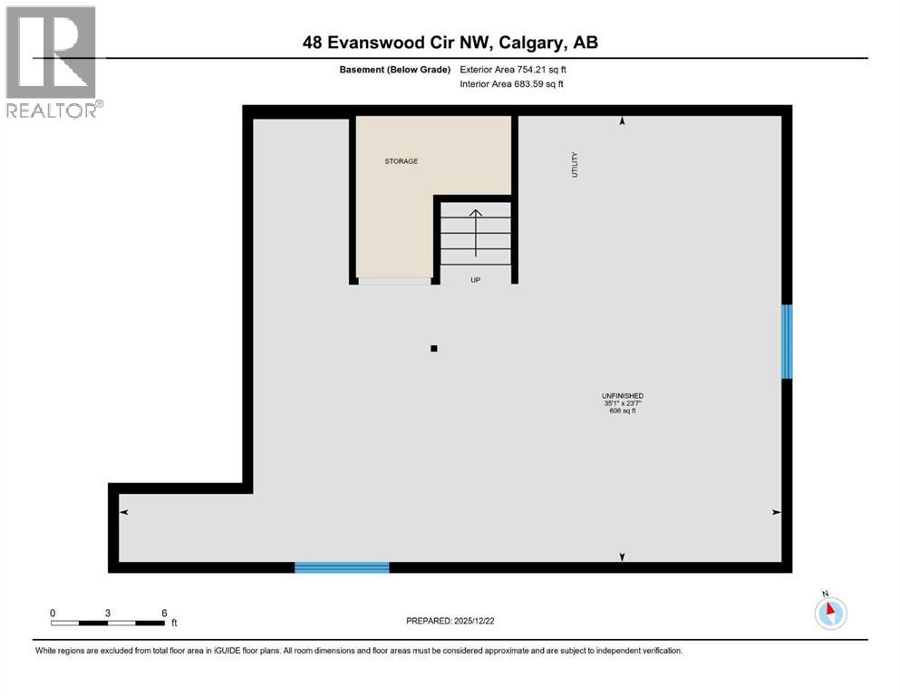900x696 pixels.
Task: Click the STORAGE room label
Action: tap(401, 161)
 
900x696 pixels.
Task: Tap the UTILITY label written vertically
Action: tap(575, 164)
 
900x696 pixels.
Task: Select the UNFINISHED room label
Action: tap(622, 395)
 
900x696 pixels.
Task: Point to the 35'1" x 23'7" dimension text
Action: tap(622, 403)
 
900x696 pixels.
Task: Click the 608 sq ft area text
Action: tap(622, 411)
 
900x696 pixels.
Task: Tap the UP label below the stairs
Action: tap(475, 280)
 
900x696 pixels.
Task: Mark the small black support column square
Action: tap(434, 348)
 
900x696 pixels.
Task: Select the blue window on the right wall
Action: tap(787, 341)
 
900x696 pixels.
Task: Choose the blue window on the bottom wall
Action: tap(342, 567)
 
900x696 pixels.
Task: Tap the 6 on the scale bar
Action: tap(164, 613)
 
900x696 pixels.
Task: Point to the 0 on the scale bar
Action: tap(53, 613)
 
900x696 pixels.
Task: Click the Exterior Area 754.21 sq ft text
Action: tap(514, 69)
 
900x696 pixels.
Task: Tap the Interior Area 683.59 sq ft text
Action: tap(512, 84)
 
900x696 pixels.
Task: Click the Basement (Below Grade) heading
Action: tap(401, 69)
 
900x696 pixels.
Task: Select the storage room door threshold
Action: tap(394, 281)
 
